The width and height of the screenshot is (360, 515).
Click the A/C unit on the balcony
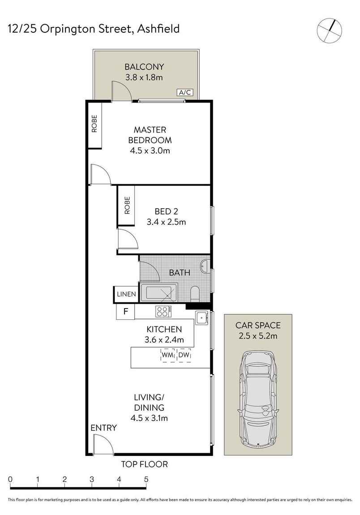point(185,93)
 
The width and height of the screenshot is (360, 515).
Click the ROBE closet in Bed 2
point(126,206)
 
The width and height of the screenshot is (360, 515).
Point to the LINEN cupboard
point(126,294)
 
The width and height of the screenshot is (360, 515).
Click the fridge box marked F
point(125,312)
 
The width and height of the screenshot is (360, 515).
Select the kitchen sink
point(202,318)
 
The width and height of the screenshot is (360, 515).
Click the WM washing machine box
point(167,356)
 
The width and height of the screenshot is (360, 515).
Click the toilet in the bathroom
point(195,294)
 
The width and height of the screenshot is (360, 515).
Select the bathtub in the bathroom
point(159,292)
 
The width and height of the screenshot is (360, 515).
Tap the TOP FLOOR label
point(144,464)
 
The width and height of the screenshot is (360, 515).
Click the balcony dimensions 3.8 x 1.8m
point(144,77)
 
